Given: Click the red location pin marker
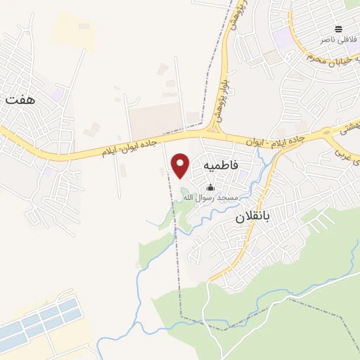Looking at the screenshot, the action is point(181,165).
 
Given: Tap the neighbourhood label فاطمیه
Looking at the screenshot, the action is point(220,164).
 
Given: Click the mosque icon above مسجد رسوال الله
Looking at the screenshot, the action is point(210,187).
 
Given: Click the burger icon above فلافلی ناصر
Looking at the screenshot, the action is point(339,29).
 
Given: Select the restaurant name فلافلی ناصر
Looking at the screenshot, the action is point(336,39).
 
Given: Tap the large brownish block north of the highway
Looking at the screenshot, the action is point(156,120).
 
